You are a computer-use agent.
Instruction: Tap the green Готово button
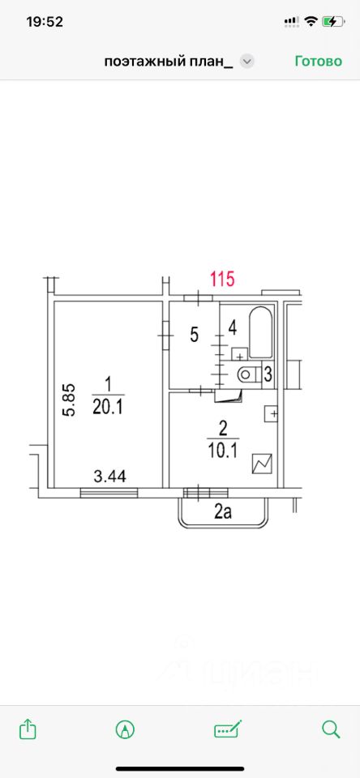click(319, 61)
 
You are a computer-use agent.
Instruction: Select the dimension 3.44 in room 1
click(110, 477)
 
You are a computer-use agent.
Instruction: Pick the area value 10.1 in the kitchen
click(222, 451)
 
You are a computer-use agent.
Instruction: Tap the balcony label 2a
click(223, 512)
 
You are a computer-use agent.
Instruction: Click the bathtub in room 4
click(260, 332)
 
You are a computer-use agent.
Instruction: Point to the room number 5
click(194, 335)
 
